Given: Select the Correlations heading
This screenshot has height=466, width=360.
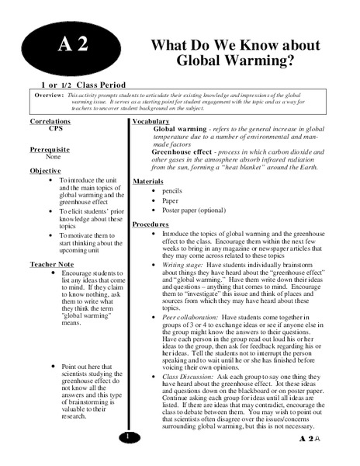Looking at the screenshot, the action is point(55,122).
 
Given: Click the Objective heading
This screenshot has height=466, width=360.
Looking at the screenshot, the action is point(46,170).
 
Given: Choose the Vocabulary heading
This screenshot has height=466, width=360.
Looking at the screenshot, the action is point(157,122).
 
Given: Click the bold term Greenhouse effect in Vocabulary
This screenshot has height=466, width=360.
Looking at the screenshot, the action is point(183,151).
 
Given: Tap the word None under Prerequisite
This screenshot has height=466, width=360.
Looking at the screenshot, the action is point(53,156).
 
